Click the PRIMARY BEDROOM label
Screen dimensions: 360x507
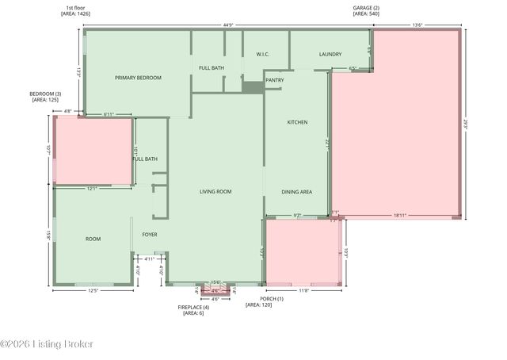pyautogui.click(x=138, y=78)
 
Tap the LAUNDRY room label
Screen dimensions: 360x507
pyautogui.click(x=330, y=55)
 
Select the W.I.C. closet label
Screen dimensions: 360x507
pyautogui.click(x=264, y=55)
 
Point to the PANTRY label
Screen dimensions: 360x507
pyautogui.click(x=275, y=80)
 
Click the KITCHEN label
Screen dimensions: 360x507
pyautogui.click(x=297, y=122)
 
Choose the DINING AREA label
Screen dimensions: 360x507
pyautogui.click(x=297, y=192)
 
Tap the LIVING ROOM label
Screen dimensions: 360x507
pyautogui.click(x=215, y=192)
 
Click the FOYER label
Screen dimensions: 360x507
pyautogui.click(x=150, y=235)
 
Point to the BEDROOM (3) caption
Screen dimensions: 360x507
pyautogui.click(x=47, y=97)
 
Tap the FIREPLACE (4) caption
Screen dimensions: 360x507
pyautogui.click(x=194, y=310)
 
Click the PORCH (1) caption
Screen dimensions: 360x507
pyautogui.click(x=259, y=301)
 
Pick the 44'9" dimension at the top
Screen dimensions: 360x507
pyautogui.click(x=228, y=25)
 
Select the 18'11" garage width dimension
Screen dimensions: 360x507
pyautogui.click(x=400, y=214)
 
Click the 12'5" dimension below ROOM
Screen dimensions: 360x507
pyautogui.click(x=93, y=291)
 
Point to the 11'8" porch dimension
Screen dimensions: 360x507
pyautogui.click(x=303, y=291)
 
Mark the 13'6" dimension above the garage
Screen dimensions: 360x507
pyautogui.click(x=417, y=25)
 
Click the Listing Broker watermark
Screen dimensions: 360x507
pyautogui.click(x=47, y=344)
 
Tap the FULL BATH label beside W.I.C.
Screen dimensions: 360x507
pyautogui.click(x=212, y=68)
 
